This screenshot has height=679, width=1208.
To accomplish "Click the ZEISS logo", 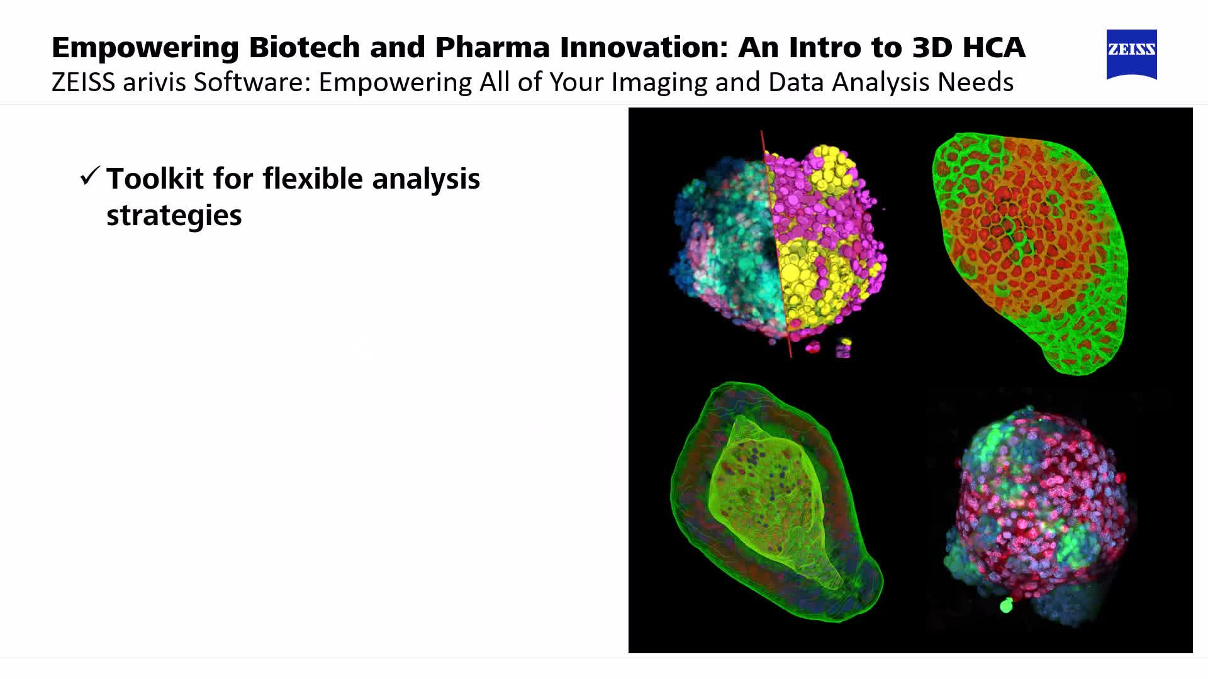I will (x=1131, y=54).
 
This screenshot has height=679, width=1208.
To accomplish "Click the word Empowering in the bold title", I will (x=145, y=48).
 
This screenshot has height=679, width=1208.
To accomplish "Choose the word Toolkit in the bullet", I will (x=155, y=179).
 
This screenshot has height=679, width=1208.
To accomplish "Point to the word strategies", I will (x=174, y=216).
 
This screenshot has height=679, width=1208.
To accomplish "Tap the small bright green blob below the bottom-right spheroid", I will (x=1006, y=606).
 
